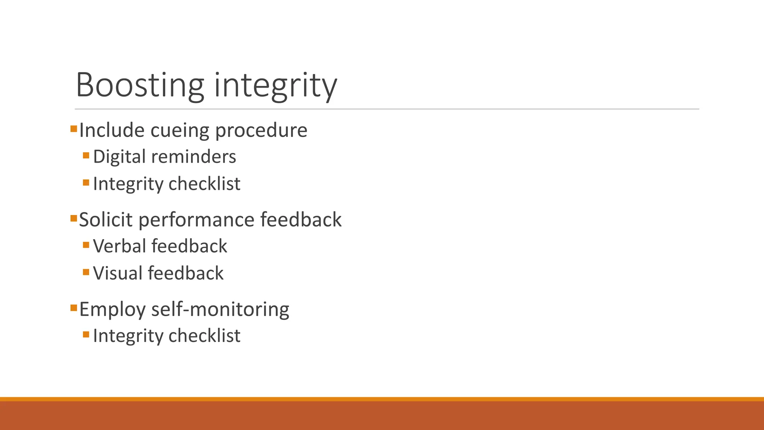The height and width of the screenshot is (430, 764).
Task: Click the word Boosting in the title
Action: (x=140, y=85)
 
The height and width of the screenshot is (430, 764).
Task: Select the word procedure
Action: (x=261, y=130)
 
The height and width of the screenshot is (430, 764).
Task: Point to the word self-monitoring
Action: (x=220, y=309)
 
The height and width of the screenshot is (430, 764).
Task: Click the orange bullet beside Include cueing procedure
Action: (x=73, y=129)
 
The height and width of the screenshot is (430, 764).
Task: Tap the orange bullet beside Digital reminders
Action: (x=86, y=155)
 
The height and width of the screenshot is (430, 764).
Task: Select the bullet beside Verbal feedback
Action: (x=86, y=245)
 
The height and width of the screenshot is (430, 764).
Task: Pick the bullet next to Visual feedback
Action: (x=86, y=272)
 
